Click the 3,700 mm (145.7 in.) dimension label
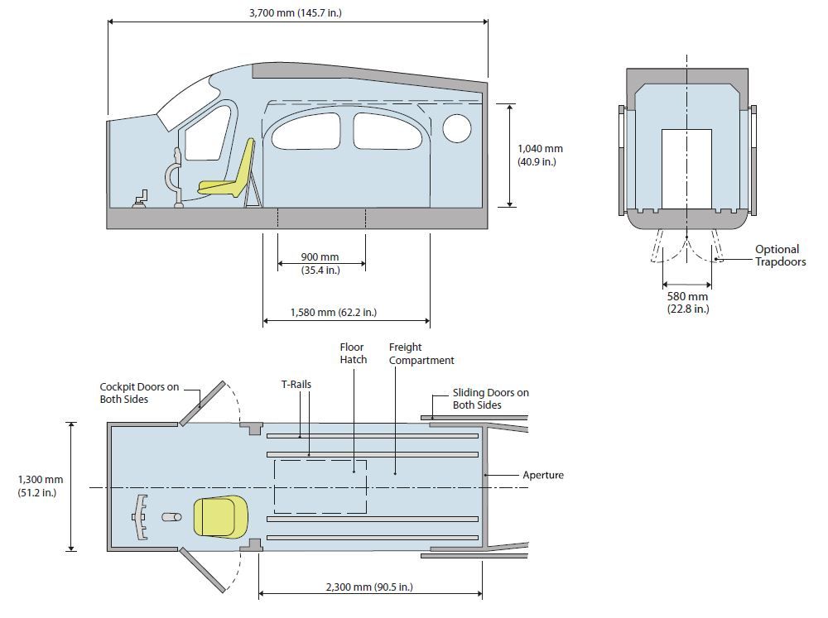click(296, 12)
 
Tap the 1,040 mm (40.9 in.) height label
click(540, 156)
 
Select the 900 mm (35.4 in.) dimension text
click(320, 263)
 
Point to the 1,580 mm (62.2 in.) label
click(333, 313)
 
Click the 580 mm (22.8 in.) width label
click(687, 303)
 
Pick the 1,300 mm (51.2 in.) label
click(40, 486)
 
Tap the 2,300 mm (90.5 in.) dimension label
click(369, 587)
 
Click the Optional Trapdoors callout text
click(780, 256)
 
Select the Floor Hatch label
click(354, 353)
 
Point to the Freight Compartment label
click(421, 353)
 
